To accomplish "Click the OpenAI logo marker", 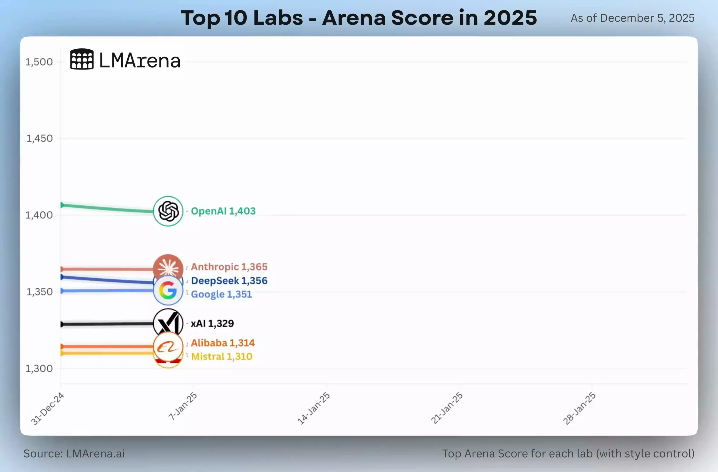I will [168, 211].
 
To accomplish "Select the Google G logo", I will [168, 290].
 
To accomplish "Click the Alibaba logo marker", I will [168, 347].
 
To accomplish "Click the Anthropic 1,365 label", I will [229, 267].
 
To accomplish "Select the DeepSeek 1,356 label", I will [229, 281].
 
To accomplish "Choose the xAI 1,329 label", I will [212, 324].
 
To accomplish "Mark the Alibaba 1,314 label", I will [223, 343].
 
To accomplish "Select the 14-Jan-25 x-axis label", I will [314, 408].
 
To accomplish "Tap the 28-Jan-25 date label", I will [579, 408].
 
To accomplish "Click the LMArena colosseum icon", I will [82, 59].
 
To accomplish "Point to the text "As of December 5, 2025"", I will [632, 18].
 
